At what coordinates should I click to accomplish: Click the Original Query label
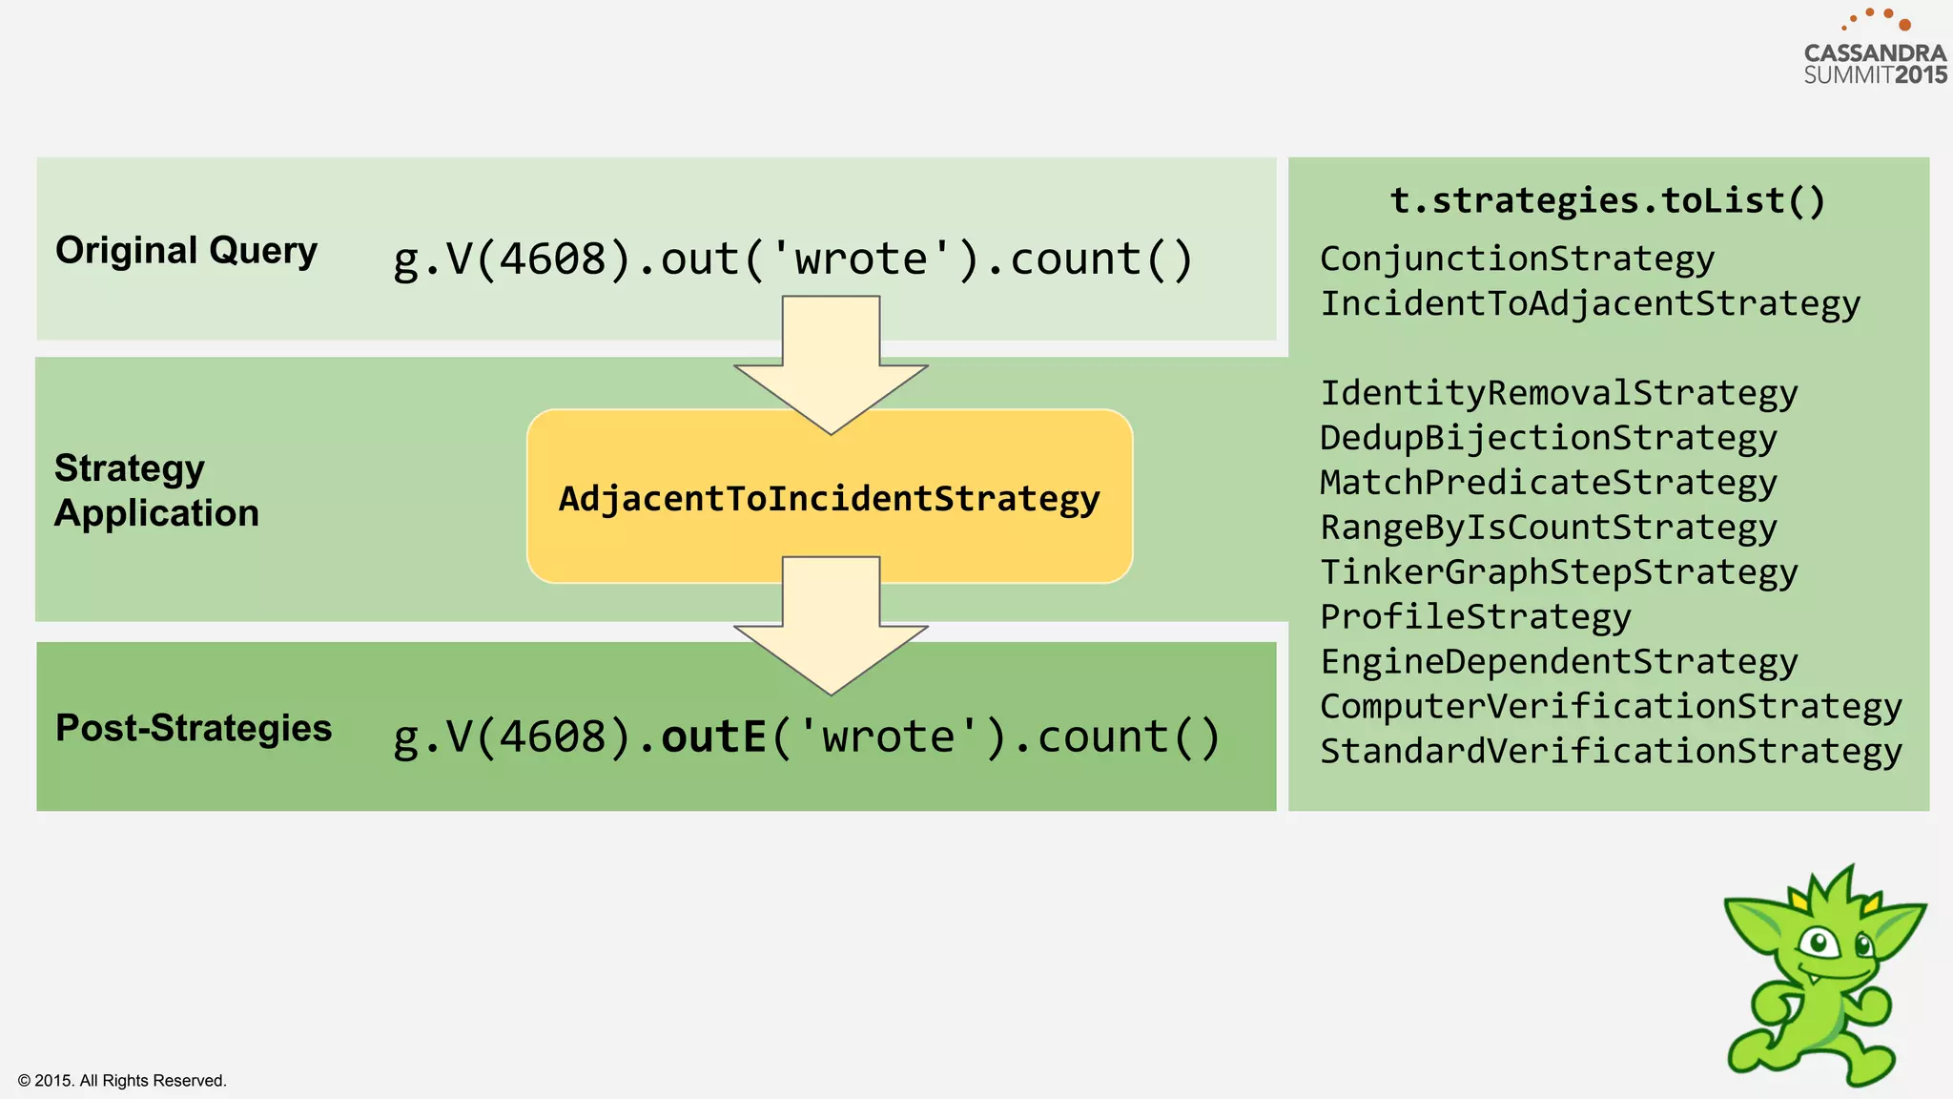coord(186,251)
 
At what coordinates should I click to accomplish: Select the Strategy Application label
coord(156,490)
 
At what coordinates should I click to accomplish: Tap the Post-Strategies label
coord(194,728)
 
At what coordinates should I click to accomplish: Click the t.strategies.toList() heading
coord(1607,200)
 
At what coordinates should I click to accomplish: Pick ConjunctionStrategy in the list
coord(1516,259)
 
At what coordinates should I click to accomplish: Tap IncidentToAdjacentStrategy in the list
coord(1590,303)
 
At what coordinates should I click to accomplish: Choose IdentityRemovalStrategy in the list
coord(1558,393)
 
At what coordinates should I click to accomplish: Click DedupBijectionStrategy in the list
coord(1548,438)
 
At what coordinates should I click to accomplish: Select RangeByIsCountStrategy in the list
coord(1548,528)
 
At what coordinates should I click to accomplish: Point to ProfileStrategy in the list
coord(1475,617)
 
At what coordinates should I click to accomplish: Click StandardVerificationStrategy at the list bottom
coord(1611,751)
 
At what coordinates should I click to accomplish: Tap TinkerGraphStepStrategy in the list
coord(1558,572)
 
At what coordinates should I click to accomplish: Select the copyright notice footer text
coord(122,1080)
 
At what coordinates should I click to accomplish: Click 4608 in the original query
coord(553,259)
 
